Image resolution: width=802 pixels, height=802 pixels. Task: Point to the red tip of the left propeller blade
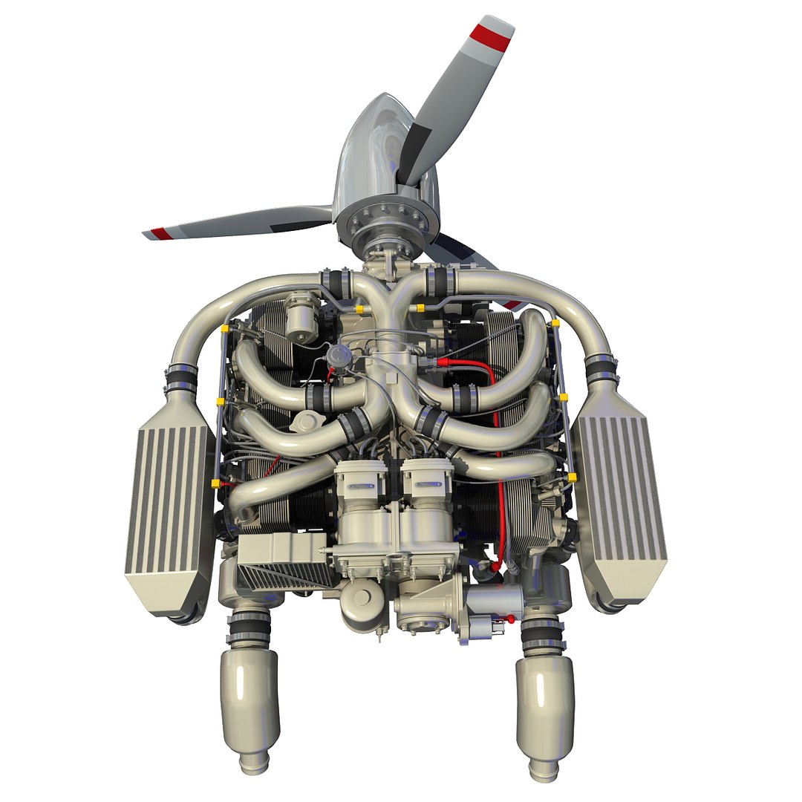[157, 233]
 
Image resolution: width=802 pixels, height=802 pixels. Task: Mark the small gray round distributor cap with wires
[339, 354]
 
